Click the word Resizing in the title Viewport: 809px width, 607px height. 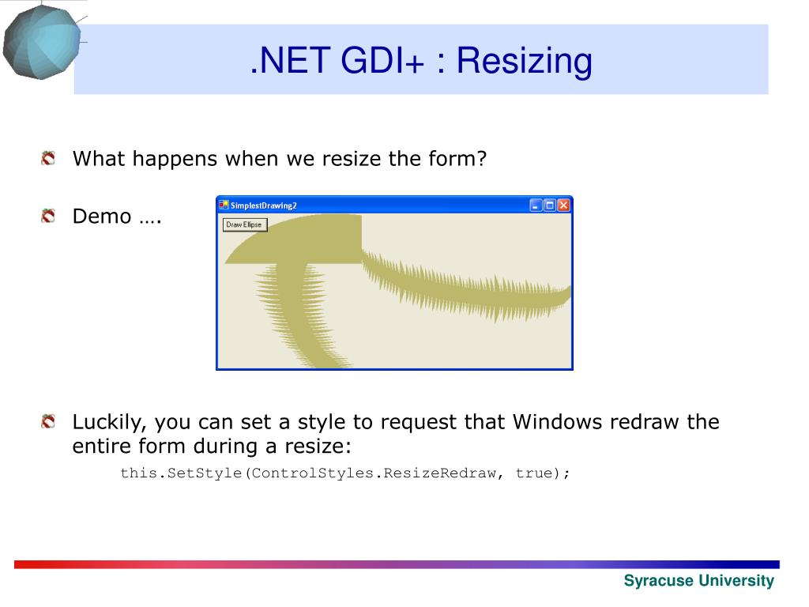click(525, 62)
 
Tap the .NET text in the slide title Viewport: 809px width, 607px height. click(290, 60)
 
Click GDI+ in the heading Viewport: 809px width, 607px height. click(382, 60)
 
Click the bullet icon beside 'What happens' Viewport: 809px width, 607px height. click(48, 158)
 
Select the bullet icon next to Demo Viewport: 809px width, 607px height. click(48, 216)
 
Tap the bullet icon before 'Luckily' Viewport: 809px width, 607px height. click(48, 422)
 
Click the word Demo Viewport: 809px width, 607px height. click(102, 217)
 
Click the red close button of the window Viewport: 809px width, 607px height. click(563, 205)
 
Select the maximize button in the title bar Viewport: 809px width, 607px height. click(550, 205)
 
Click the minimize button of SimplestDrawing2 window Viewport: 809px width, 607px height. click(536, 205)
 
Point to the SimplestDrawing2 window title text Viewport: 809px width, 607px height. click(263, 205)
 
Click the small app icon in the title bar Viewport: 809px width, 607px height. click(224, 205)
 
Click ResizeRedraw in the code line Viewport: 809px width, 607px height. click(439, 473)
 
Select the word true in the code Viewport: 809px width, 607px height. click(533, 473)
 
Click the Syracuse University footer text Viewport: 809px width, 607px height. click(699, 581)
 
